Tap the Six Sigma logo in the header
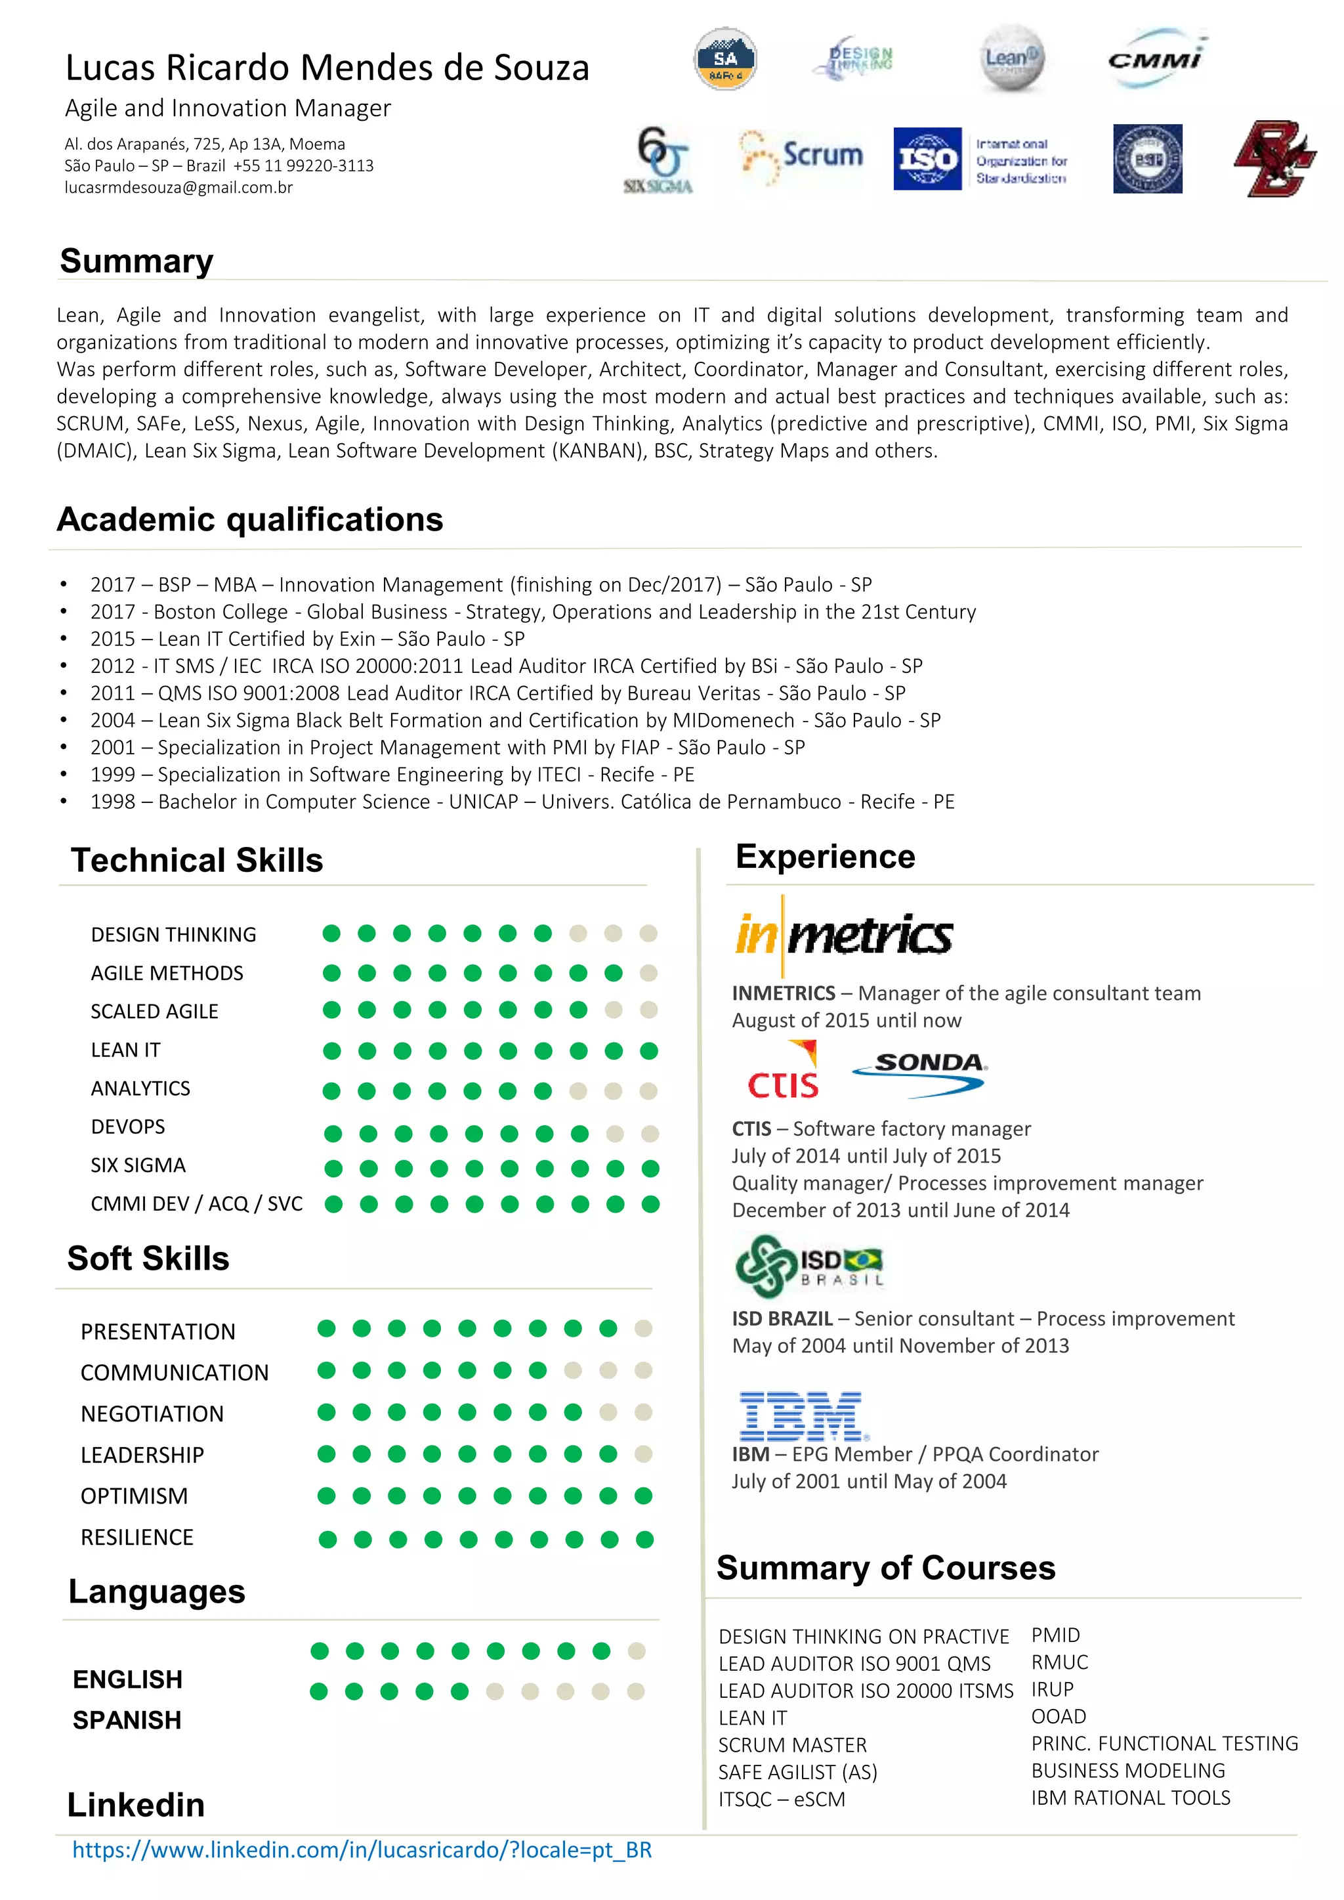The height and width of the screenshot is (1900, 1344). [659, 160]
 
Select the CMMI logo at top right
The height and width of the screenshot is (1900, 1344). [1155, 58]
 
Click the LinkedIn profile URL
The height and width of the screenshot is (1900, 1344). [362, 1849]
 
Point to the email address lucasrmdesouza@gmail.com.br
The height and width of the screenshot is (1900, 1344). [178, 187]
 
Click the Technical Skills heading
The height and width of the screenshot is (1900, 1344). [197, 860]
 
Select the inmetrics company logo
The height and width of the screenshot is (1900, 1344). [843, 936]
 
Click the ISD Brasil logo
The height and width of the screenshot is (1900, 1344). [808, 1266]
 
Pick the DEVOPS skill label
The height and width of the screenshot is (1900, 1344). [128, 1127]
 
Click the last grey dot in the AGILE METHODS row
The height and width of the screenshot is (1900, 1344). [649, 973]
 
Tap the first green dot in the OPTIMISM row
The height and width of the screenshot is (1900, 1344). [327, 1496]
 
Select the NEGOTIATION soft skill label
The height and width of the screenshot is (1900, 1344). [152, 1414]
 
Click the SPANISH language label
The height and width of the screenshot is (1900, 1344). [127, 1720]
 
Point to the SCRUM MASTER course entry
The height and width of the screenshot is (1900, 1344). [792, 1745]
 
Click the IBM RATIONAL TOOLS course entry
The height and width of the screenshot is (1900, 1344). [1131, 1798]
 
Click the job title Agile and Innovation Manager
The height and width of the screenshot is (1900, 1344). [228, 108]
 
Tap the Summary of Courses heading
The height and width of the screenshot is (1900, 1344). [885, 1568]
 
